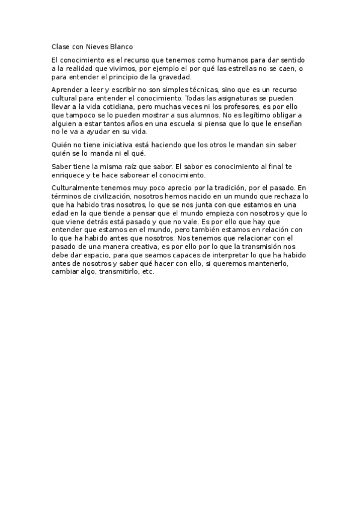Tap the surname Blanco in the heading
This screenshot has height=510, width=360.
click(x=121, y=46)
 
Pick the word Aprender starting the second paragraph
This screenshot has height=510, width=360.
click(x=67, y=89)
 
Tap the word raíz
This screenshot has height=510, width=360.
click(x=128, y=166)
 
